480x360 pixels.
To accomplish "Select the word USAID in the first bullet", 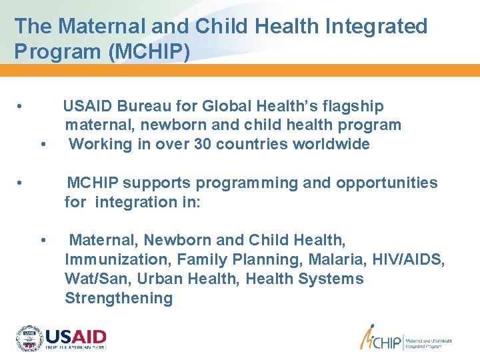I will click(x=87, y=106).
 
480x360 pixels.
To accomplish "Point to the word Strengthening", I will click(x=119, y=298).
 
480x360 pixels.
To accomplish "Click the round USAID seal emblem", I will click(x=29, y=339).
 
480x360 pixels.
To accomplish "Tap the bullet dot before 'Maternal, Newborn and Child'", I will click(x=43, y=240).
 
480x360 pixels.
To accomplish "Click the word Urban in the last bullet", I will click(x=154, y=279).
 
